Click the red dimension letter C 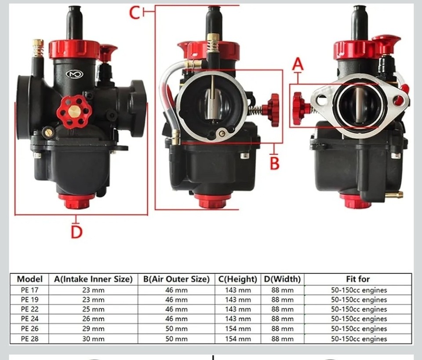135,13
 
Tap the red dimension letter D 76,231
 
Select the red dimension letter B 275,163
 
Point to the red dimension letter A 298,65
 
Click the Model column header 30,279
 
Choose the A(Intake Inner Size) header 93,279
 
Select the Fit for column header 358,279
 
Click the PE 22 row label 30,309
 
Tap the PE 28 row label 30,339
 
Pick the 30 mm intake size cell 93,339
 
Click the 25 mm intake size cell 93,309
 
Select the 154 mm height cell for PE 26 238,329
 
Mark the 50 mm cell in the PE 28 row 176,339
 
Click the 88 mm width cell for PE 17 282,290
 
